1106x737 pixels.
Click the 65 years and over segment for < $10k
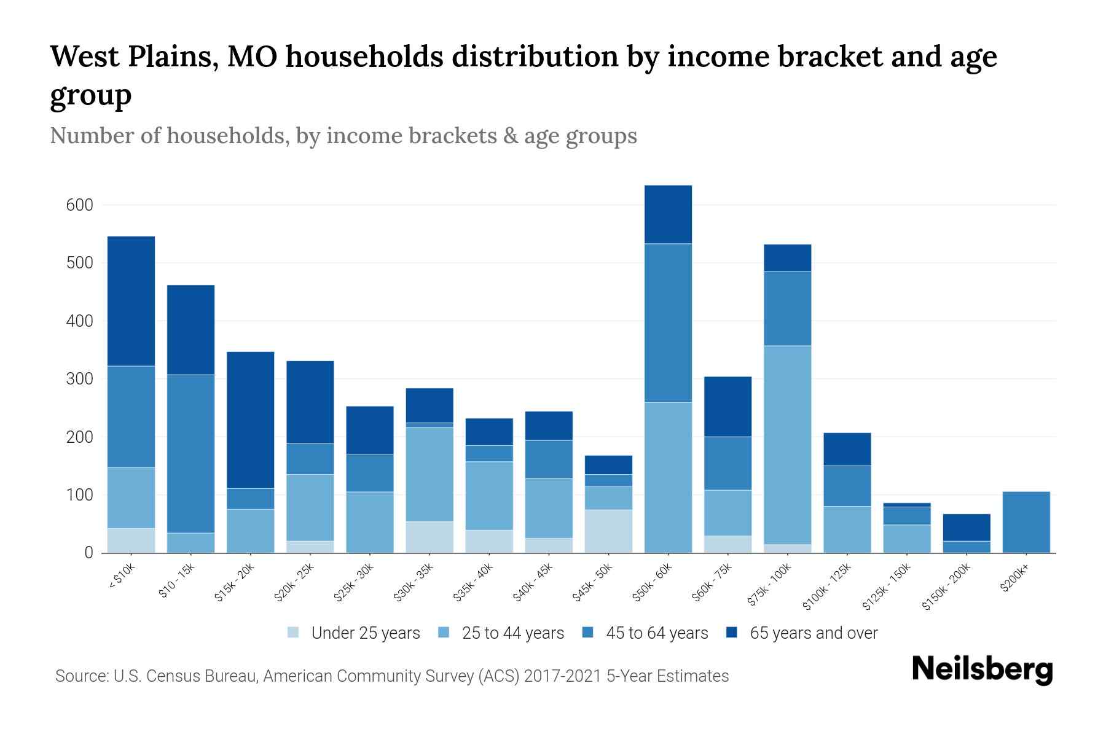131,301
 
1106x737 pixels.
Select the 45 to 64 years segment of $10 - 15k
190,453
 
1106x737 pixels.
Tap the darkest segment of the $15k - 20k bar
250,419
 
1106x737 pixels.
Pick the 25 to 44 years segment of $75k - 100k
787,445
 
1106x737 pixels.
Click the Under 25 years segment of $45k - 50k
608,531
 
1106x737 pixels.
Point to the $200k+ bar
1026,522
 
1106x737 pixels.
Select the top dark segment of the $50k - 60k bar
668,214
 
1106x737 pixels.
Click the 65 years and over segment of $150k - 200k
966,527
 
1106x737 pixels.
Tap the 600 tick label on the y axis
79,205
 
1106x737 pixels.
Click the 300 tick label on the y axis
79,379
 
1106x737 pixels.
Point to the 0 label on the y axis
88,553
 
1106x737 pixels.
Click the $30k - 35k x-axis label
414,582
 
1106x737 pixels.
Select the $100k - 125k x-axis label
827,587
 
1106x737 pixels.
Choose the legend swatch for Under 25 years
294,632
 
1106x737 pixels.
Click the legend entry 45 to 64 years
656,633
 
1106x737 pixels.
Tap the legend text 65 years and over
814,633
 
